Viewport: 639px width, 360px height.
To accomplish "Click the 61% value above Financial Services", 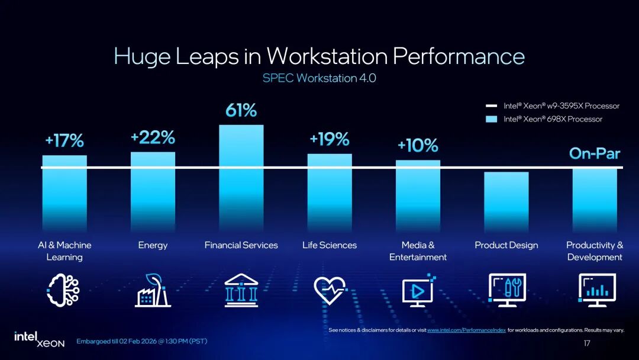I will [x=241, y=110].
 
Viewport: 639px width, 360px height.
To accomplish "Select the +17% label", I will [x=64, y=142].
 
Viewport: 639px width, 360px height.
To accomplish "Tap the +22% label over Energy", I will [x=153, y=138].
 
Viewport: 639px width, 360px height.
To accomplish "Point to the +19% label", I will [x=329, y=139].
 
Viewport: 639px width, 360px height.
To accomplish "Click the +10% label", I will [x=418, y=146].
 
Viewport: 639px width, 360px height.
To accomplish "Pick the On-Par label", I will [x=594, y=154].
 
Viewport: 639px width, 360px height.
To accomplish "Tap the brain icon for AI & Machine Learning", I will [x=64, y=291].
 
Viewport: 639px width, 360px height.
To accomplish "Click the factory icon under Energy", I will [x=153, y=291].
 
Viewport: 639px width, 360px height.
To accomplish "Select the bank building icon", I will [x=241, y=291].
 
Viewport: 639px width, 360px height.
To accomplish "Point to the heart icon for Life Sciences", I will [x=330, y=291].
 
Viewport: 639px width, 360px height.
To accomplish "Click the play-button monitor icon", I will [x=418, y=291].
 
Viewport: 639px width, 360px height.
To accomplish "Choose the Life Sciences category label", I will [x=330, y=245].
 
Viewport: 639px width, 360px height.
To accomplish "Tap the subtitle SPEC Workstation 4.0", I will [x=319, y=78].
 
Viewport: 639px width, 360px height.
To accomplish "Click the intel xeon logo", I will [x=39, y=339].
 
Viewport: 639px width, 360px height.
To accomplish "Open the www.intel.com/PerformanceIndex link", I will [x=466, y=330].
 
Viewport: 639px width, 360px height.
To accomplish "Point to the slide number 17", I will [x=587, y=343].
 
